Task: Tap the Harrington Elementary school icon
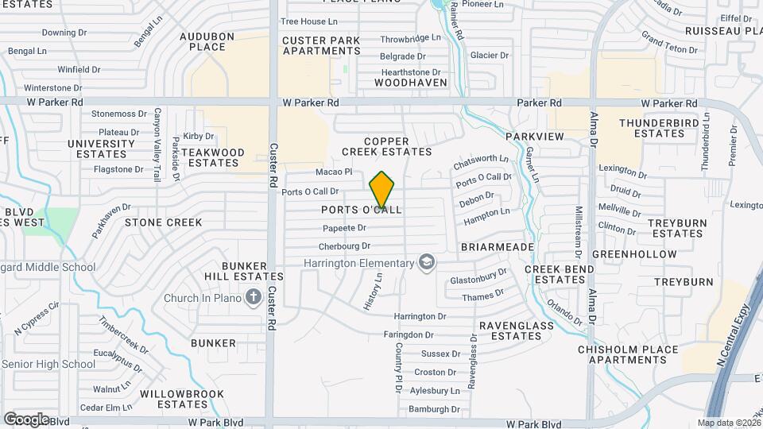(x=428, y=263)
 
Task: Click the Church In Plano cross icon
(x=254, y=298)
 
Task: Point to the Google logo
(x=27, y=419)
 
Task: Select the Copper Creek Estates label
(x=386, y=146)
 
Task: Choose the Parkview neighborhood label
(x=534, y=137)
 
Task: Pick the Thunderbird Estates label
(x=652, y=128)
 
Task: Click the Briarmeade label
(x=497, y=247)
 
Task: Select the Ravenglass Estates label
(x=509, y=330)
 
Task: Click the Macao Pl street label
(x=333, y=172)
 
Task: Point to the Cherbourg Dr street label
(x=344, y=246)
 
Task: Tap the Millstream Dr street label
(x=579, y=232)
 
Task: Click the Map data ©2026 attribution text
(x=727, y=423)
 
